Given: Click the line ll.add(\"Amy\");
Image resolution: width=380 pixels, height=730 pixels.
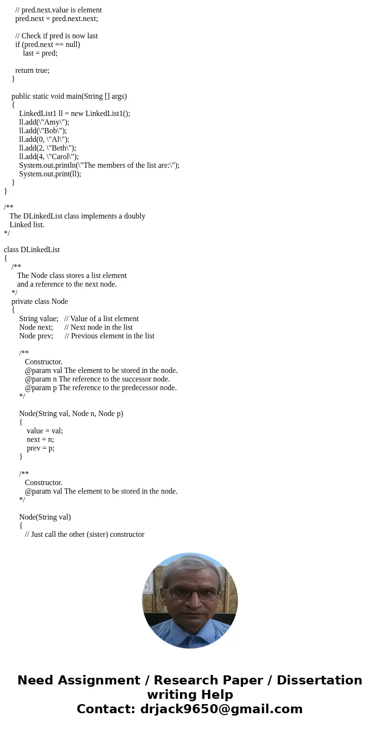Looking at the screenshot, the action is tap(44, 122).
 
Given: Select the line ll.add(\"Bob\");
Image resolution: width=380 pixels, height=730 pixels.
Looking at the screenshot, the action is tap(43, 131).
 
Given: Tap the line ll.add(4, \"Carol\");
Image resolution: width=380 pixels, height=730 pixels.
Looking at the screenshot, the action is tap(49, 157).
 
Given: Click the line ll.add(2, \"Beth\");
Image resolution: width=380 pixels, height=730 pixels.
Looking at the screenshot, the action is tap(47, 148).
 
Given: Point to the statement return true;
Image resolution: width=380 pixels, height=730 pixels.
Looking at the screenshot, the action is tap(32, 70).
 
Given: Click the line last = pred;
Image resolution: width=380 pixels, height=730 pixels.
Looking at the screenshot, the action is tap(40, 53).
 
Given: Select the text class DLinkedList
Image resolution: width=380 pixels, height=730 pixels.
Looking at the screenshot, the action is tap(32, 250).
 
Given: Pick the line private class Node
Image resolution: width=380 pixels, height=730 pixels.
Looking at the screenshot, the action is tap(40, 301).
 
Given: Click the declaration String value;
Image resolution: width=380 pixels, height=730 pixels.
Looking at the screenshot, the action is tap(39, 319).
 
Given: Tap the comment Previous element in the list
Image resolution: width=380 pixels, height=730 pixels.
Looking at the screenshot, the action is tap(112, 336).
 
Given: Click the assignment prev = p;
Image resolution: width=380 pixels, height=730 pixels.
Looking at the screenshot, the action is tap(41, 448).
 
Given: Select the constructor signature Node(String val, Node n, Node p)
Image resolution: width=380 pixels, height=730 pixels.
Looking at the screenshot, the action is tap(71, 414).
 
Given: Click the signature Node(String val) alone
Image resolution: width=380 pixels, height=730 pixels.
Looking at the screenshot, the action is tap(45, 517).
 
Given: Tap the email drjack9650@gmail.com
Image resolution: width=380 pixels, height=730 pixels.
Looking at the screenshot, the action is tap(221, 709).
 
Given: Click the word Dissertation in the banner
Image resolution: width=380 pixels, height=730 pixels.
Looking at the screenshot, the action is tap(319, 681).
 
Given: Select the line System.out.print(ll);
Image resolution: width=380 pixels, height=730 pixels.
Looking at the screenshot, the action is tap(50, 174).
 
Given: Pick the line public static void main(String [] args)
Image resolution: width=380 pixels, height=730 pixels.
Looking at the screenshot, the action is tap(69, 96).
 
